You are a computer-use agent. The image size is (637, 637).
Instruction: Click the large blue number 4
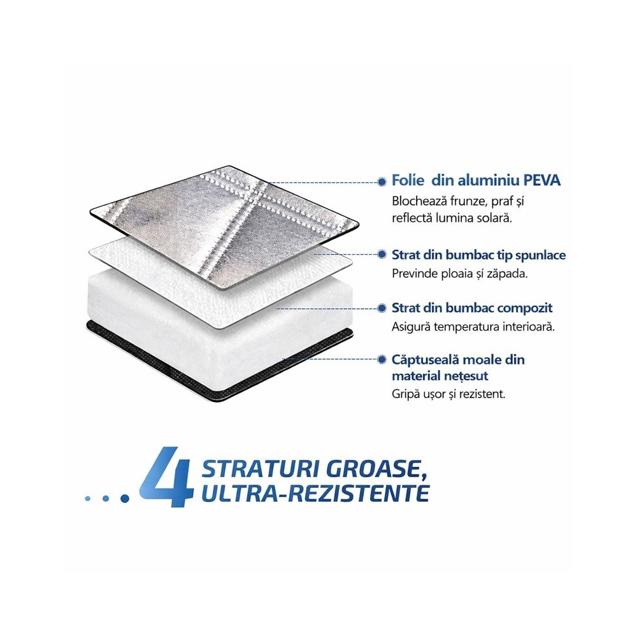click(x=166, y=476)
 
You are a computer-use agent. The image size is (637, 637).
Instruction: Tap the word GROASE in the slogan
click(x=377, y=469)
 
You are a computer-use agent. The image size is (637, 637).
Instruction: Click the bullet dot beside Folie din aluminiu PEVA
click(x=382, y=182)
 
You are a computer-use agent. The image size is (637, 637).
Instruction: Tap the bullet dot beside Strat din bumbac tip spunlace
click(x=382, y=254)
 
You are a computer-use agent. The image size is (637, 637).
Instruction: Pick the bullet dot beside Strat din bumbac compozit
click(x=382, y=308)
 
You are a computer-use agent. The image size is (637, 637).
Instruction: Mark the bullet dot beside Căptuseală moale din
click(x=382, y=359)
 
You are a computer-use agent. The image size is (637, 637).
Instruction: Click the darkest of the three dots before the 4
click(x=125, y=498)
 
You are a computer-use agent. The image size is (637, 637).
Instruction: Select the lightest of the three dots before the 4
click(x=87, y=498)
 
